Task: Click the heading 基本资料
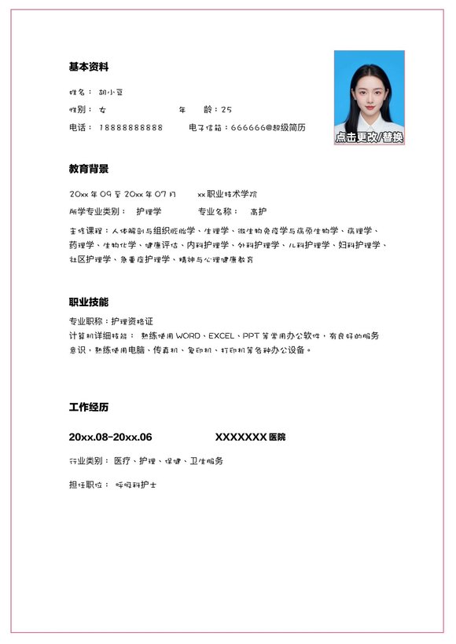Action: pyautogui.click(x=88, y=67)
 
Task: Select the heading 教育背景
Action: pyautogui.click(x=88, y=169)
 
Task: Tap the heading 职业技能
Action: pyautogui.click(x=88, y=302)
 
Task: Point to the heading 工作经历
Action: pyautogui.click(x=88, y=408)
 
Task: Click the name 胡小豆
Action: pyautogui.click(x=112, y=92)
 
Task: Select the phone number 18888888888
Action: pyautogui.click(x=131, y=127)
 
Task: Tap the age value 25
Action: pyautogui.click(x=226, y=110)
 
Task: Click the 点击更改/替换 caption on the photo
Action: pyautogui.click(x=369, y=137)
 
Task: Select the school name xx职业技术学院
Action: pyautogui.click(x=227, y=193)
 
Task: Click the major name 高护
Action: pyautogui.click(x=258, y=211)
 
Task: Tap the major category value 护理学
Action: pyautogui.click(x=149, y=211)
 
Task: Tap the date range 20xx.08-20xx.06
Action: pyautogui.click(x=110, y=437)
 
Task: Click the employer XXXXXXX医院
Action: pyautogui.click(x=251, y=437)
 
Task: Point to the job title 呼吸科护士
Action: pyautogui.click(x=136, y=485)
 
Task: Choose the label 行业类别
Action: pyautogui.click(x=87, y=461)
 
